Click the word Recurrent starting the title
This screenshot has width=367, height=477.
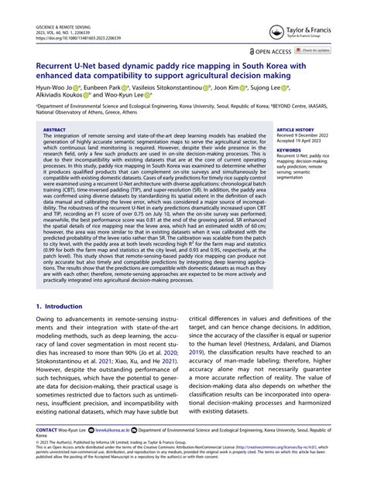pos(56,67)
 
